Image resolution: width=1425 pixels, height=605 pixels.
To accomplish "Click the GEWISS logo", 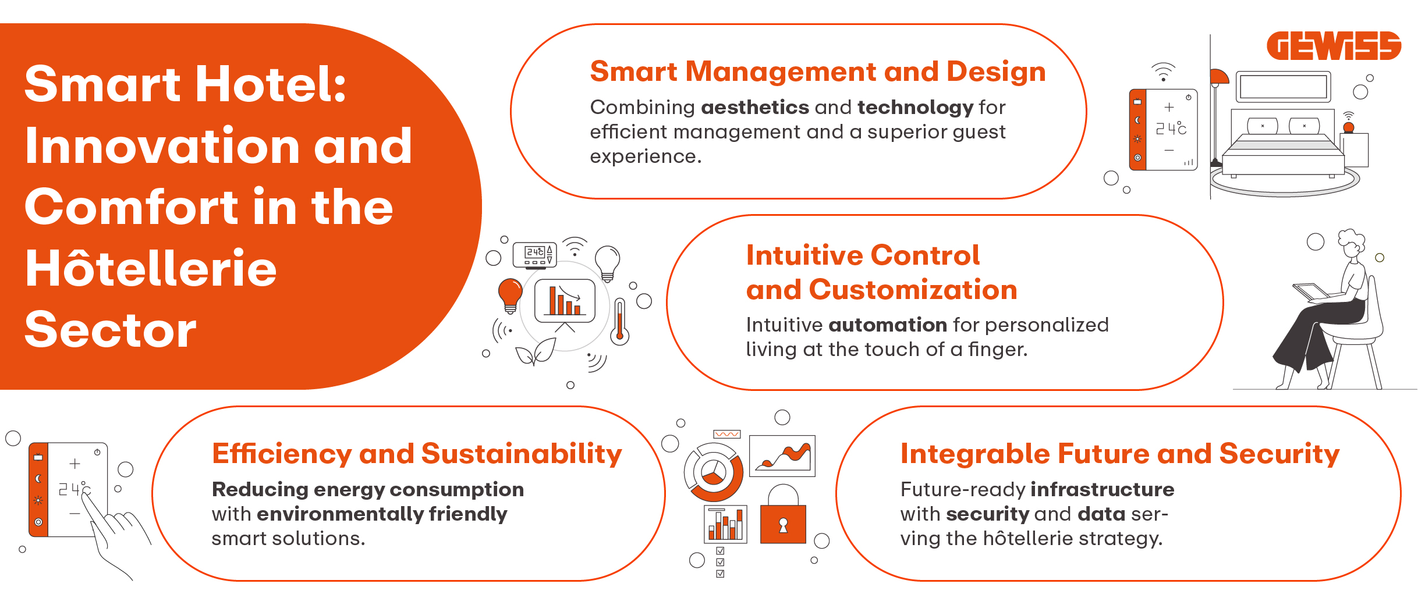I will coord(1333,46).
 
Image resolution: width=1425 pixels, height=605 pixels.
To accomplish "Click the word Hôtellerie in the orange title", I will coord(151,269).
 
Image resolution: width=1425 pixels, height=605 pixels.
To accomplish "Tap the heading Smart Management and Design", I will coord(817,72).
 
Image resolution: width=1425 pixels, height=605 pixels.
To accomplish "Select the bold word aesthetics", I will coord(754,108).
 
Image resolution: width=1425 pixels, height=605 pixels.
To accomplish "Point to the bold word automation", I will coord(888,325).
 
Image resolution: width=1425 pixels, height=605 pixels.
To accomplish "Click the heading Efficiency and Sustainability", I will coord(417,454).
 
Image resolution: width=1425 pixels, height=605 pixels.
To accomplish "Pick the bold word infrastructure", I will coord(1102,490).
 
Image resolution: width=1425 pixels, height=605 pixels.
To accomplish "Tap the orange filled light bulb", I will coord(511,294).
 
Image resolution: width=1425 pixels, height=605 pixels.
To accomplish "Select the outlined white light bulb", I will coord(607,262).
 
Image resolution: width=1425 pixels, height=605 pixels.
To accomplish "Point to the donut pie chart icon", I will coord(714,472).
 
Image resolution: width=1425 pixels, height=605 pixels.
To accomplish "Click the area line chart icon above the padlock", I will coord(782,456).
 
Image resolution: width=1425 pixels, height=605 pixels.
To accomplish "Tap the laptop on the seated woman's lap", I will coord(1311,291).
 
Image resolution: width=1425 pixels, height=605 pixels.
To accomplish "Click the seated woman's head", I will coord(1351,244).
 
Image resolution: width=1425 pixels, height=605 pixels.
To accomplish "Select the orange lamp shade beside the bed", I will coord(1219,77).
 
